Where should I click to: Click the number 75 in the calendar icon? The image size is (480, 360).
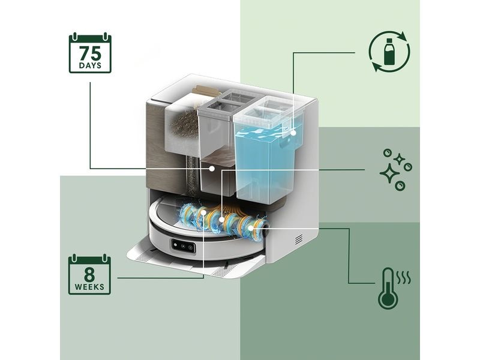[90, 53]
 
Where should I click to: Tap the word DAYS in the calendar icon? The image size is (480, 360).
[90, 66]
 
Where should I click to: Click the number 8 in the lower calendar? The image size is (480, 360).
[89, 275]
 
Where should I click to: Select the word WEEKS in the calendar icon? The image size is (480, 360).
[89, 287]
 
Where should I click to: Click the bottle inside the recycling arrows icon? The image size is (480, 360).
[389, 52]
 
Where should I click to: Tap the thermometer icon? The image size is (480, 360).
[388, 289]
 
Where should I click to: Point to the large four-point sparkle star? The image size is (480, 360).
[389, 173]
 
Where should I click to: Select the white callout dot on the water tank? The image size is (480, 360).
[293, 133]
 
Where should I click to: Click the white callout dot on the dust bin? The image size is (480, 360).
[211, 169]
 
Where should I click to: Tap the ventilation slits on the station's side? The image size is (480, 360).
[299, 239]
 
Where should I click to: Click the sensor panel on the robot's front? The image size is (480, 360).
[184, 246]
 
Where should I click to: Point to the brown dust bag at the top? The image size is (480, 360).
[205, 90]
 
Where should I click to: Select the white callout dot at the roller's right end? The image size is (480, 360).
[250, 228]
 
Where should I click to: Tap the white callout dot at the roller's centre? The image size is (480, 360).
[221, 219]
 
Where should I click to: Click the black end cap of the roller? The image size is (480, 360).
[265, 230]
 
